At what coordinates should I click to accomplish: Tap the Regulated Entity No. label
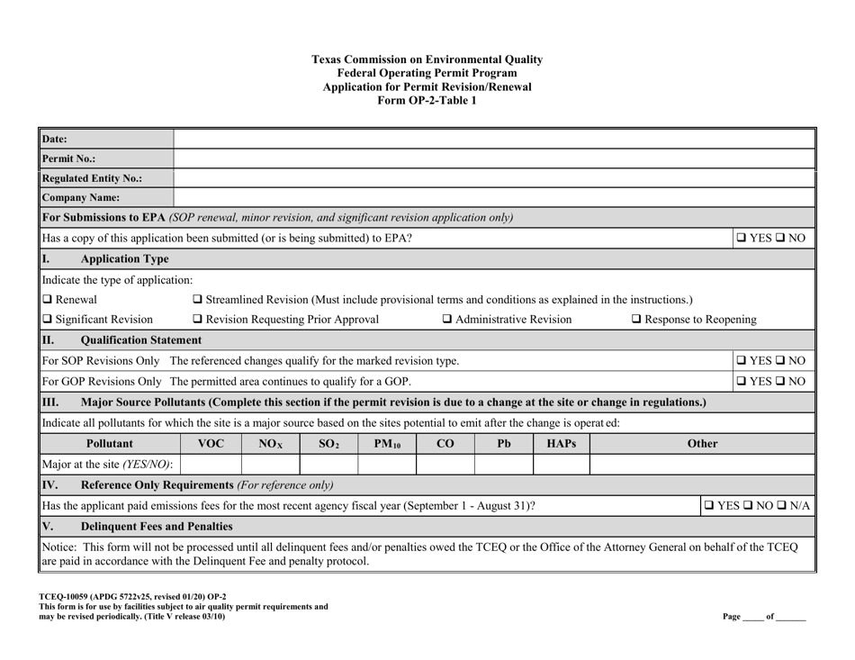(90, 177)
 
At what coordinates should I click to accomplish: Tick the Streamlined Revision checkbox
(199, 299)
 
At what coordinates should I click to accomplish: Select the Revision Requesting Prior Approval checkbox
(199, 319)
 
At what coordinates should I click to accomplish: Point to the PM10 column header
(387, 444)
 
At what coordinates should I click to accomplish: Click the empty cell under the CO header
(445, 465)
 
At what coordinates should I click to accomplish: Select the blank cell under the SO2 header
(329, 465)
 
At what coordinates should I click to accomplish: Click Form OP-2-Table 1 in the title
(427, 101)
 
